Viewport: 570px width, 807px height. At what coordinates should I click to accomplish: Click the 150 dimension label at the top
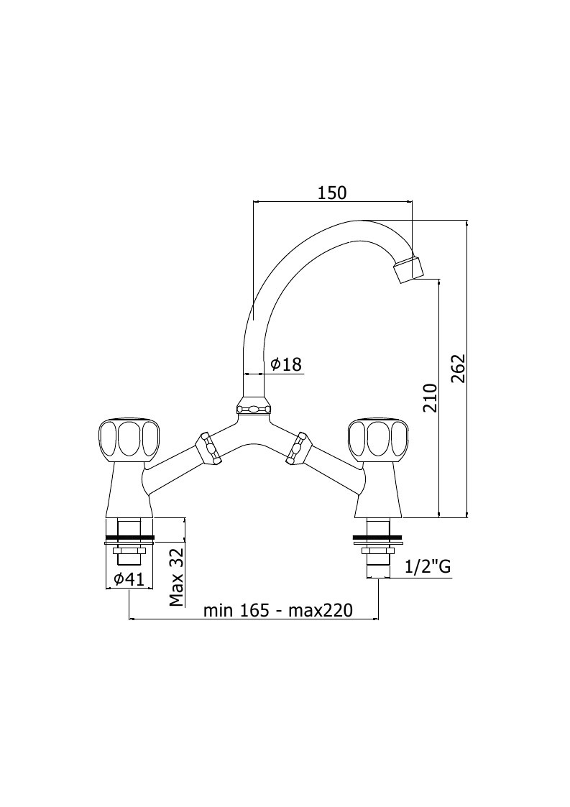[332, 193]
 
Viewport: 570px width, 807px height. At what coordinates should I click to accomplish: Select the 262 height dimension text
[458, 368]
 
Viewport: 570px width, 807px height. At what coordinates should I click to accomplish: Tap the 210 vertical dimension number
[429, 398]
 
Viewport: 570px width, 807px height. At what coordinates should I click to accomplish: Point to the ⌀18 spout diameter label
[286, 364]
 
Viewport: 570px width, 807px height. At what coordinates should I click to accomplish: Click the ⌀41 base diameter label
[129, 579]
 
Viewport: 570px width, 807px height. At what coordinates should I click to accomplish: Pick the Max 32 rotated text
[177, 576]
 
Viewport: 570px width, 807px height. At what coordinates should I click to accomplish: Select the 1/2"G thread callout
[428, 567]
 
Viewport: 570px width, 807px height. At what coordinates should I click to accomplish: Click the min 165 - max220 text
[278, 610]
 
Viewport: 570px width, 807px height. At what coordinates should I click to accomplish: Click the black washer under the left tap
[129, 539]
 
